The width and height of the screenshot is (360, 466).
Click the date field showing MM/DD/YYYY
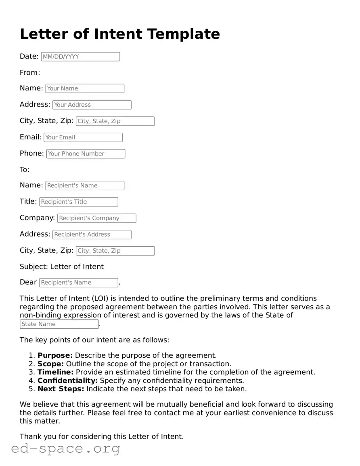(x=80, y=57)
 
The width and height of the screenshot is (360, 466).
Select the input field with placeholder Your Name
(x=85, y=88)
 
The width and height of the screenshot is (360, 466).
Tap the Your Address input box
(x=92, y=105)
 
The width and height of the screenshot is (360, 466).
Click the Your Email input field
(x=83, y=137)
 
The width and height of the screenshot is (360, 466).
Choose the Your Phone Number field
(x=86, y=153)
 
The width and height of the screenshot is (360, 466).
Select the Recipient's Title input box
(x=79, y=202)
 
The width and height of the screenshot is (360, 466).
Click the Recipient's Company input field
(x=96, y=218)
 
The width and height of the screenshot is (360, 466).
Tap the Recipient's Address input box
(x=92, y=234)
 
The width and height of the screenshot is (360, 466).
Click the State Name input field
(x=59, y=324)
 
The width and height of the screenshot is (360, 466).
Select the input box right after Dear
(x=79, y=283)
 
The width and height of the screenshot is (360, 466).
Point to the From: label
(x=30, y=73)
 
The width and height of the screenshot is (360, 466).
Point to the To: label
(x=25, y=170)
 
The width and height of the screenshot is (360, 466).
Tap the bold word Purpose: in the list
(x=55, y=355)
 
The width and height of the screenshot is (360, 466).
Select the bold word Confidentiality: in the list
(x=67, y=380)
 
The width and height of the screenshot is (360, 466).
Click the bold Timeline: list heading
(x=55, y=372)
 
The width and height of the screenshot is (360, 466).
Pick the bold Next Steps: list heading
(x=61, y=389)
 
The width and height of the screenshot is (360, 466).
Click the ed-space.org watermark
(x=65, y=448)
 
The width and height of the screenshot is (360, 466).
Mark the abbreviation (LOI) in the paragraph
(x=99, y=298)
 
